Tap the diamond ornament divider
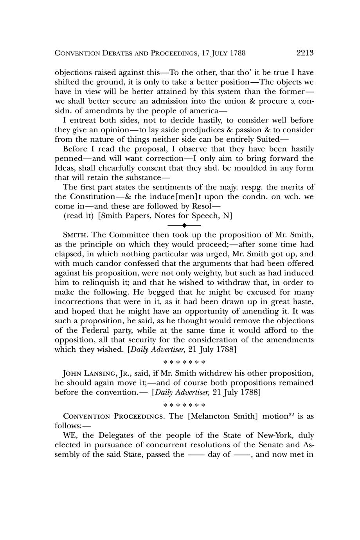(x=184, y=225)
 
